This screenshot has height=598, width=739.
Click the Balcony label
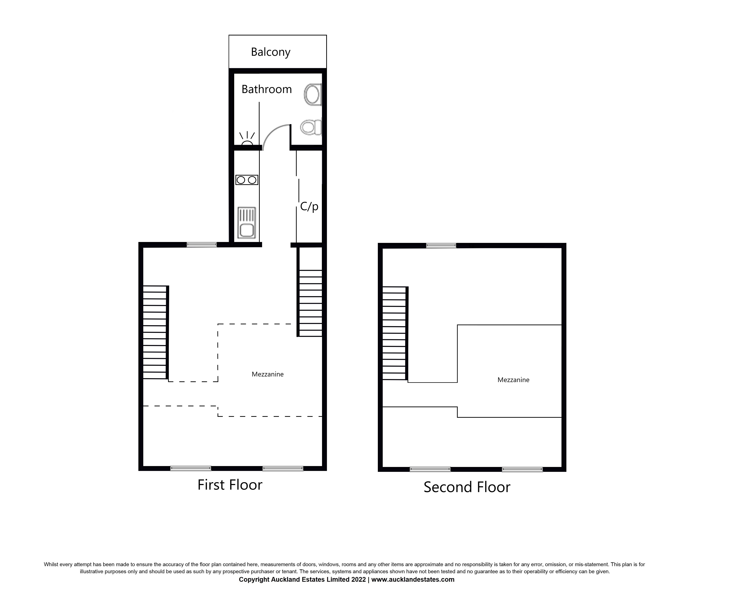click(x=271, y=52)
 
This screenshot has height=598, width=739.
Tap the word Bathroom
click(x=266, y=89)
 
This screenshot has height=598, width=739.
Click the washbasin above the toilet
click(x=313, y=94)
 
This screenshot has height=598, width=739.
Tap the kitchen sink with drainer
click(x=247, y=222)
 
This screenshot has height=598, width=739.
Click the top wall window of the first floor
click(x=202, y=245)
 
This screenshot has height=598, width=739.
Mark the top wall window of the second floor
click(x=441, y=246)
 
